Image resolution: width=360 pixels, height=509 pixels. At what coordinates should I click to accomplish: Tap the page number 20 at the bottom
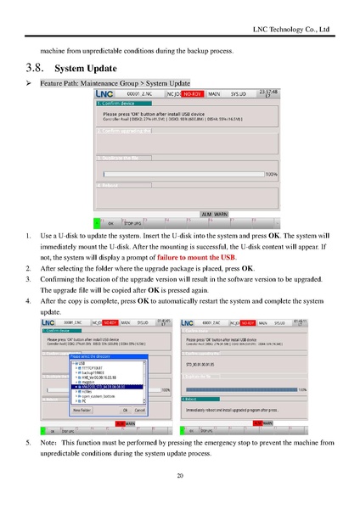(180, 476)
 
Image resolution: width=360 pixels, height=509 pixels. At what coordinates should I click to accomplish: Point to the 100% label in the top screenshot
(272, 174)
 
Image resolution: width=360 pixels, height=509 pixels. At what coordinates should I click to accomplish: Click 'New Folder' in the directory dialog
(83, 409)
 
